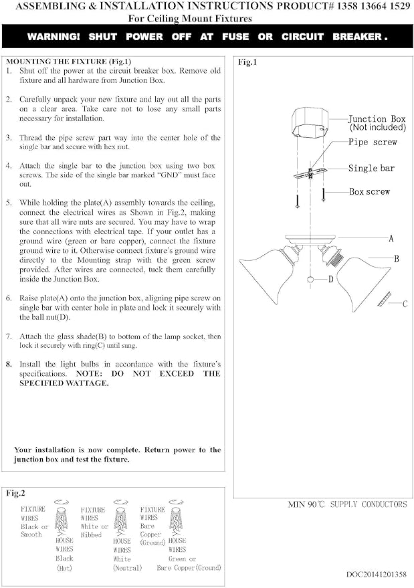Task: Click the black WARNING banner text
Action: pyautogui.click(x=207, y=37)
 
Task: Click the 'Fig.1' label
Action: pyautogui.click(x=247, y=62)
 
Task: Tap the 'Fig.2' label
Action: pyautogui.click(x=15, y=493)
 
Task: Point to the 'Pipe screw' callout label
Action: pyautogui.click(x=373, y=142)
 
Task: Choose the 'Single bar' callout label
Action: pyautogui.click(x=371, y=169)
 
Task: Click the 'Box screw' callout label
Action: pyautogui.click(x=370, y=191)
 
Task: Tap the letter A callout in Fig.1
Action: pyautogui.click(x=391, y=239)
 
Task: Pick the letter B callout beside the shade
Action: pyautogui.click(x=397, y=259)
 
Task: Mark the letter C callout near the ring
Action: pyautogui.click(x=405, y=304)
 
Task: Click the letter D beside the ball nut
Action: pyautogui.click(x=331, y=279)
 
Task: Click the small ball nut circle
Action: pyautogui.click(x=310, y=280)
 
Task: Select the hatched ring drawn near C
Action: pyautogui.click(x=385, y=299)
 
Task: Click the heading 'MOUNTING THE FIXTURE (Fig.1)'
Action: pyautogui.click(x=69, y=62)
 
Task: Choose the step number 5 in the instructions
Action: pyautogui.click(x=9, y=203)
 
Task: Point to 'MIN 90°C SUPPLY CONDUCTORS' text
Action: pyautogui.click(x=347, y=504)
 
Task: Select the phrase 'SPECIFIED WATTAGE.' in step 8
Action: pyautogui.click(x=64, y=383)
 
